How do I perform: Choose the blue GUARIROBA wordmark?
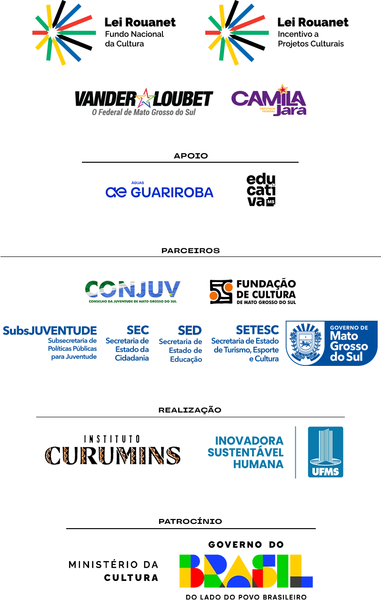click(x=158, y=191)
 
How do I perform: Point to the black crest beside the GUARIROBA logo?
click(x=261, y=190)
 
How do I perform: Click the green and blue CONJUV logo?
click(x=132, y=290)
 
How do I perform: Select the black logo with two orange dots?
click(x=252, y=291)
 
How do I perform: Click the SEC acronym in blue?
click(x=140, y=330)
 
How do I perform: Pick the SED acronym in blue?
click(x=189, y=330)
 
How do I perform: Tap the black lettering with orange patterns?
click(x=112, y=454)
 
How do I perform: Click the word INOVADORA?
click(x=250, y=440)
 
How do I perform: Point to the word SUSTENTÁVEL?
click(x=246, y=452)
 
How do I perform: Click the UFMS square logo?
click(x=326, y=452)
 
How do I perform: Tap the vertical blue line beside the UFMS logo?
click(x=296, y=452)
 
